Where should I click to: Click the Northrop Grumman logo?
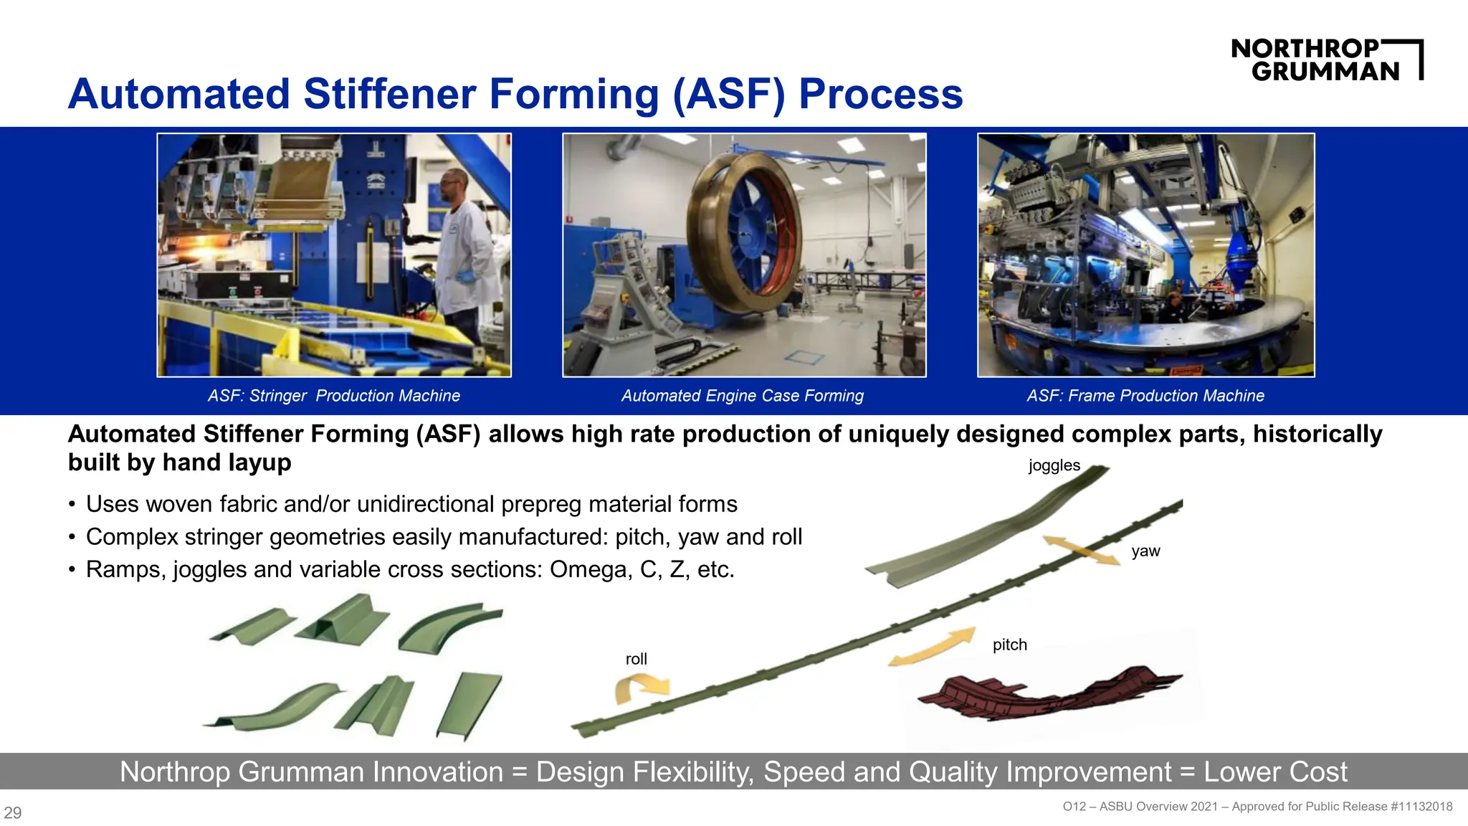1326,60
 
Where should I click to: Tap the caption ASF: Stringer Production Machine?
334,396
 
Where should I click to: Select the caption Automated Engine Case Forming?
743,396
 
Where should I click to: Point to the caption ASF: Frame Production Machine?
1145,396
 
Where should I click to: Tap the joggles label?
1054,465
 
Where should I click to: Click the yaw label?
1145,551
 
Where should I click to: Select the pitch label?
1009,645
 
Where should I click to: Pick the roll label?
636,659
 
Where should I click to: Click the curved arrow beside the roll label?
640,688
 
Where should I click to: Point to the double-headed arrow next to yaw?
1081,551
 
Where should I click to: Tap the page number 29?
13,812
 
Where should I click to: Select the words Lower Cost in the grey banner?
1275,772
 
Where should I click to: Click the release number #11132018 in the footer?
1421,807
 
